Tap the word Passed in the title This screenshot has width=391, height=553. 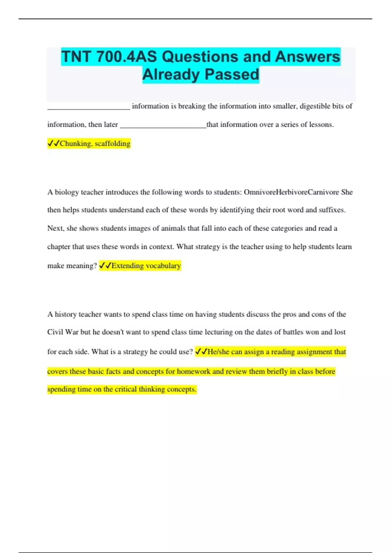tap(232, 74)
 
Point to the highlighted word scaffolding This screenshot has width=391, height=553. tap(112, 143)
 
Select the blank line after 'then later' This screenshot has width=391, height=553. tap(163, 125)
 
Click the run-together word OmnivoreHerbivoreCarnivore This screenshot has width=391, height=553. tap(291, 192)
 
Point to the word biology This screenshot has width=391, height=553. tap(67, 192)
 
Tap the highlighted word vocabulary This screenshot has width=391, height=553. tap(163, 266)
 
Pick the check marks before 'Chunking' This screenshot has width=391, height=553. tap(53, 143)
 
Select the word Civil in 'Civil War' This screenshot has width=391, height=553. tap(55, 332)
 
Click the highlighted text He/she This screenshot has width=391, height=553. tap(219, 352)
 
